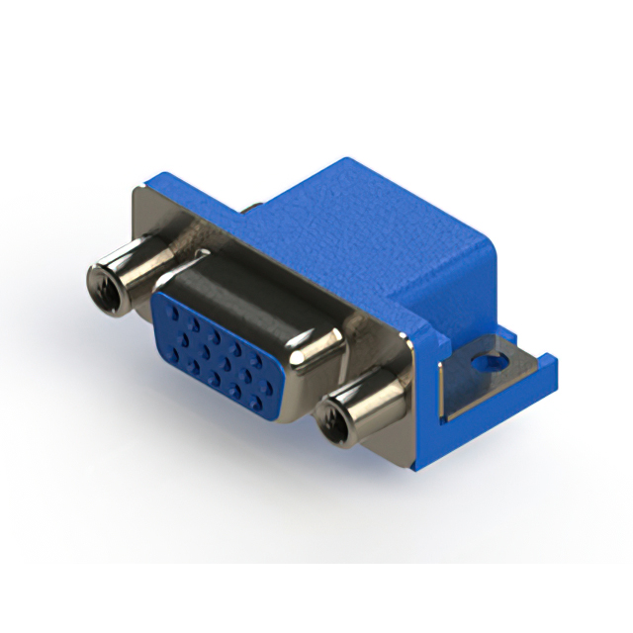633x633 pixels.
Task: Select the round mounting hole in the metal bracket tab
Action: pyautogui.click(x=486, y=362)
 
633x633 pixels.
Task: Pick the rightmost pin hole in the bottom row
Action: pyautogui.click(x=258, y=403)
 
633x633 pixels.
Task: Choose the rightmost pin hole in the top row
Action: pyautogui.click(x=269, y=364)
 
